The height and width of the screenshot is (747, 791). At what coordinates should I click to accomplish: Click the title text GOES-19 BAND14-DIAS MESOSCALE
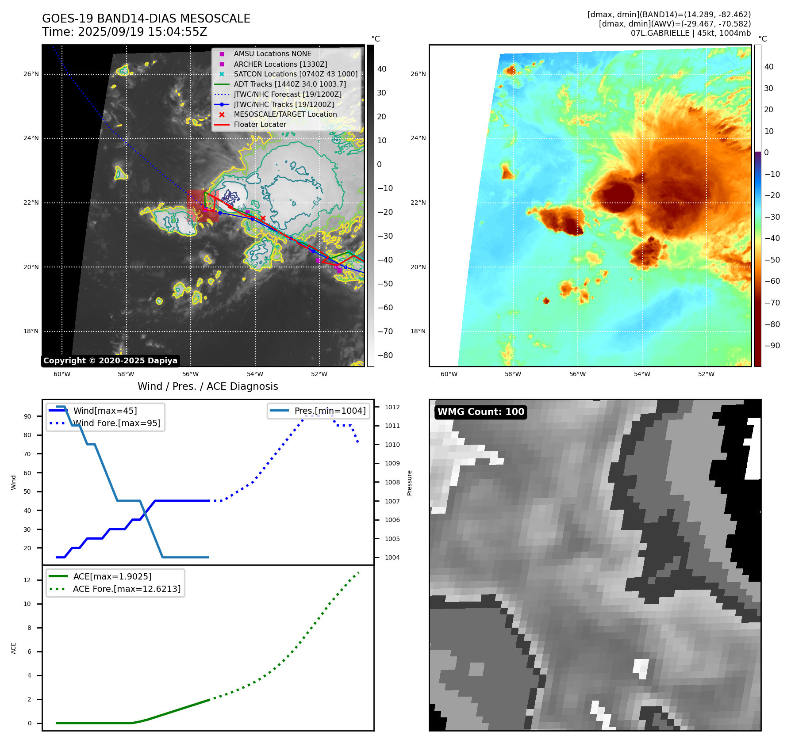click(x=146, y=19)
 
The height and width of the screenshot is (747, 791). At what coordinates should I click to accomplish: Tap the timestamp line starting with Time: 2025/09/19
click(x=124, y=32)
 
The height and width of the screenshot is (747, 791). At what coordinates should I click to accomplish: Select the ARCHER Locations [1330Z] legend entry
click(x=280, y=64)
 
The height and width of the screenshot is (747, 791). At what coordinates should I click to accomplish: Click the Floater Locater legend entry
click(x=260, y=125)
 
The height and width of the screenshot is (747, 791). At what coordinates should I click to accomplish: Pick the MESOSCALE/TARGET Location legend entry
click(x=285, y=114)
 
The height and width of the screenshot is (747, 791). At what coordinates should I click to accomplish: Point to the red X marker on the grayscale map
click(x=263, y=218)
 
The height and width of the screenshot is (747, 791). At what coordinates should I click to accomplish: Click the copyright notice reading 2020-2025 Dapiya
click(x=110, y=361)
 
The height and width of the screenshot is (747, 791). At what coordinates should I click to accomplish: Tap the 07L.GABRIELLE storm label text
click(x=660, y=33)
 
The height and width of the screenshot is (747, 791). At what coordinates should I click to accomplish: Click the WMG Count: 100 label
click(x=480, y=412)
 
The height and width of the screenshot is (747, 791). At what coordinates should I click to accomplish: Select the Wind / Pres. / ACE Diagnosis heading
click(x=207, y=386)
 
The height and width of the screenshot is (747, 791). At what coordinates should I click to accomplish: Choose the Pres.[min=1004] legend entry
click(x=330, y=411)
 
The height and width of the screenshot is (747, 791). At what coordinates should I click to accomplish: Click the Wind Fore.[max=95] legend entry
click(x=117, y=423)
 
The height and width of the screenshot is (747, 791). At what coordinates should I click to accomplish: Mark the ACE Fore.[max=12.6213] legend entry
click(x=127, y=589)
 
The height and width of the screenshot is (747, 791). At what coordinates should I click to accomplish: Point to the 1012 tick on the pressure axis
click(x=392, y=407)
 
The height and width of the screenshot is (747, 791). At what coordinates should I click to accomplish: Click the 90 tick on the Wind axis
click(x=27, y=416)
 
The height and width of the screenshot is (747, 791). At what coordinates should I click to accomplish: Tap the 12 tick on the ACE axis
click(x=27, y=580)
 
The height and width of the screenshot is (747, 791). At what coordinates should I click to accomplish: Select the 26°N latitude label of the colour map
click(x=418, y=74)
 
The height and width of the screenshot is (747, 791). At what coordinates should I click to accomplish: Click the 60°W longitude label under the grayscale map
click(x=62, y=374)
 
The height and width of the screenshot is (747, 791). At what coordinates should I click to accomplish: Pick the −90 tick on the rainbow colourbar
click(x=772, y=346)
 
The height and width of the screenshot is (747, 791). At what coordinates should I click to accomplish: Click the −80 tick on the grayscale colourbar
click(x=385, y=355)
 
